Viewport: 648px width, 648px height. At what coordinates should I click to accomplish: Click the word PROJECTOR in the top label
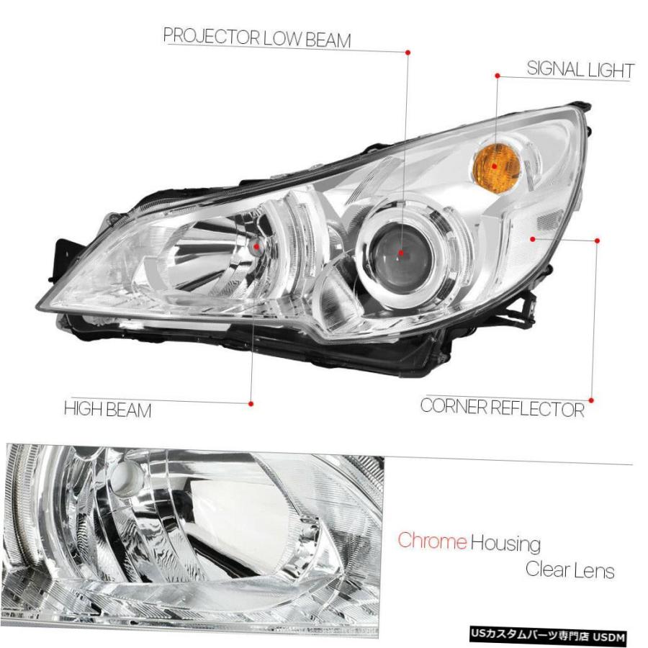coord(211,37)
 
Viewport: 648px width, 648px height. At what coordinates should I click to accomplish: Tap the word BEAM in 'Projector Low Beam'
coord(328,40)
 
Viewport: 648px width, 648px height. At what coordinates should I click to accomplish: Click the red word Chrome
coord(432,540)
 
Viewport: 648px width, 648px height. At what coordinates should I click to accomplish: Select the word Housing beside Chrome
coord(505,543)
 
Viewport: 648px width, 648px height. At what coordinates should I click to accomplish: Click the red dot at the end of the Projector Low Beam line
coord(408,53)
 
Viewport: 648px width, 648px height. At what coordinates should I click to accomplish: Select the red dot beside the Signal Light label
coord(498,76)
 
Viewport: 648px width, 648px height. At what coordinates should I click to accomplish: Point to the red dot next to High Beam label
coord(251,404)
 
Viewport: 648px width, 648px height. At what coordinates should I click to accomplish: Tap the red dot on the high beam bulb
coord(256,247)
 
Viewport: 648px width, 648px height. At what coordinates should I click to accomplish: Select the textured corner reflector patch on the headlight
coord(549,219)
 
